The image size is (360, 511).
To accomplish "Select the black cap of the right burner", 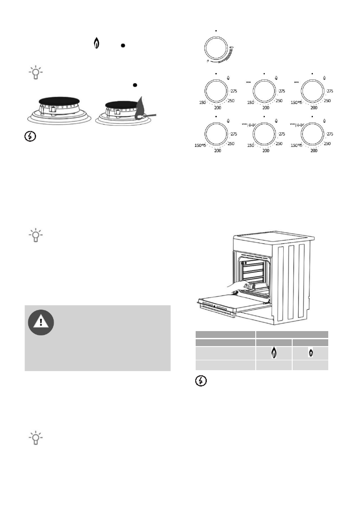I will (x=121, y=104).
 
